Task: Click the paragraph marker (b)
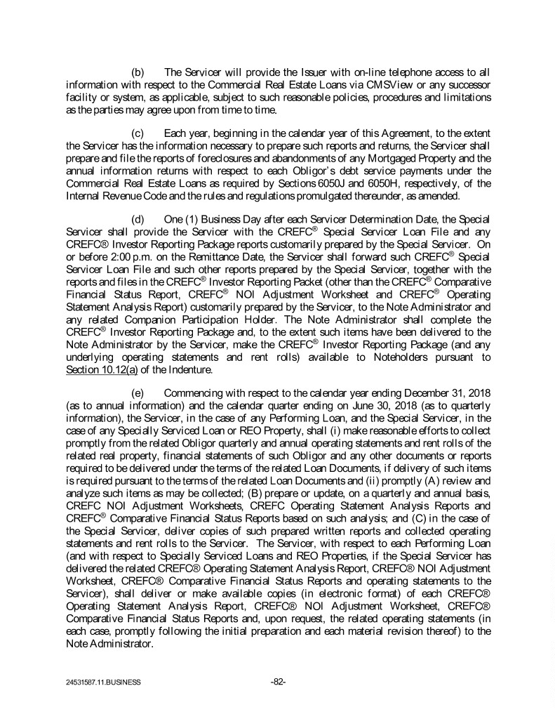pyautogui.click(x=138, y=72)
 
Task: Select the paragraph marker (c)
pyautogui.click(x=138, y=133)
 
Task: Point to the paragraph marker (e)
pyautogui.click(x=138, y=393)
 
